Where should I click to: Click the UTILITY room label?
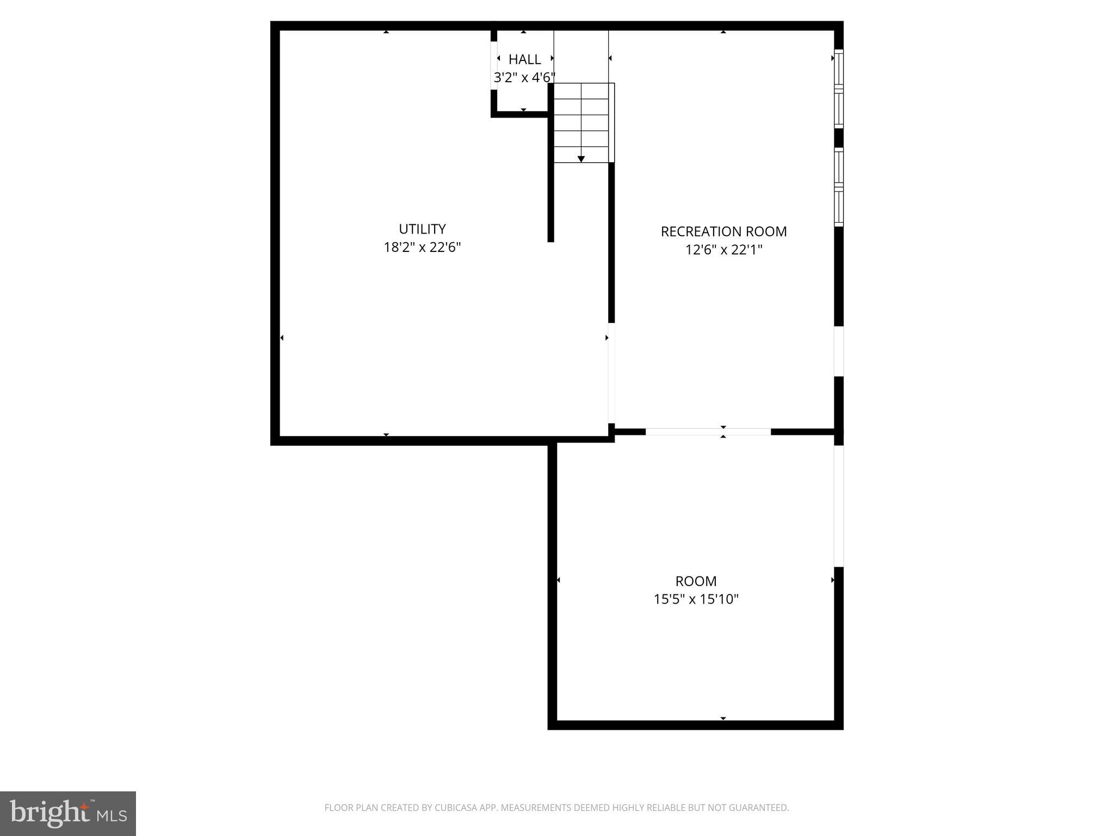tap(422, 229)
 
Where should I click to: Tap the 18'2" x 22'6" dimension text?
tap(422, 248)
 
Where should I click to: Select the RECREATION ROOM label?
tap(723, 231)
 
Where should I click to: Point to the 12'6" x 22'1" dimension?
tap(723, 250)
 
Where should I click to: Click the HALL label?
tap(524, 59)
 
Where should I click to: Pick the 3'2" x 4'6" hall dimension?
tap(524, 78)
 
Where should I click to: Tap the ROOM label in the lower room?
tap(696, 581)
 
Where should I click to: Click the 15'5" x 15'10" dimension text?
tap(696, 599)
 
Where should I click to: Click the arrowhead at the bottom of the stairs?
tap(581, 159)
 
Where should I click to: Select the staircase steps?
tap(581, 122)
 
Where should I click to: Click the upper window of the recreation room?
tap(839, 89)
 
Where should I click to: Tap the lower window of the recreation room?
tap(839, 187)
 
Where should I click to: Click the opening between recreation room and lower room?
tap(708, 432)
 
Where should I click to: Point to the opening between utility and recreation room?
tap(611, 373)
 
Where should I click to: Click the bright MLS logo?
tap(68, 813)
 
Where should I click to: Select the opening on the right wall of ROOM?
tap(839, 506)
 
